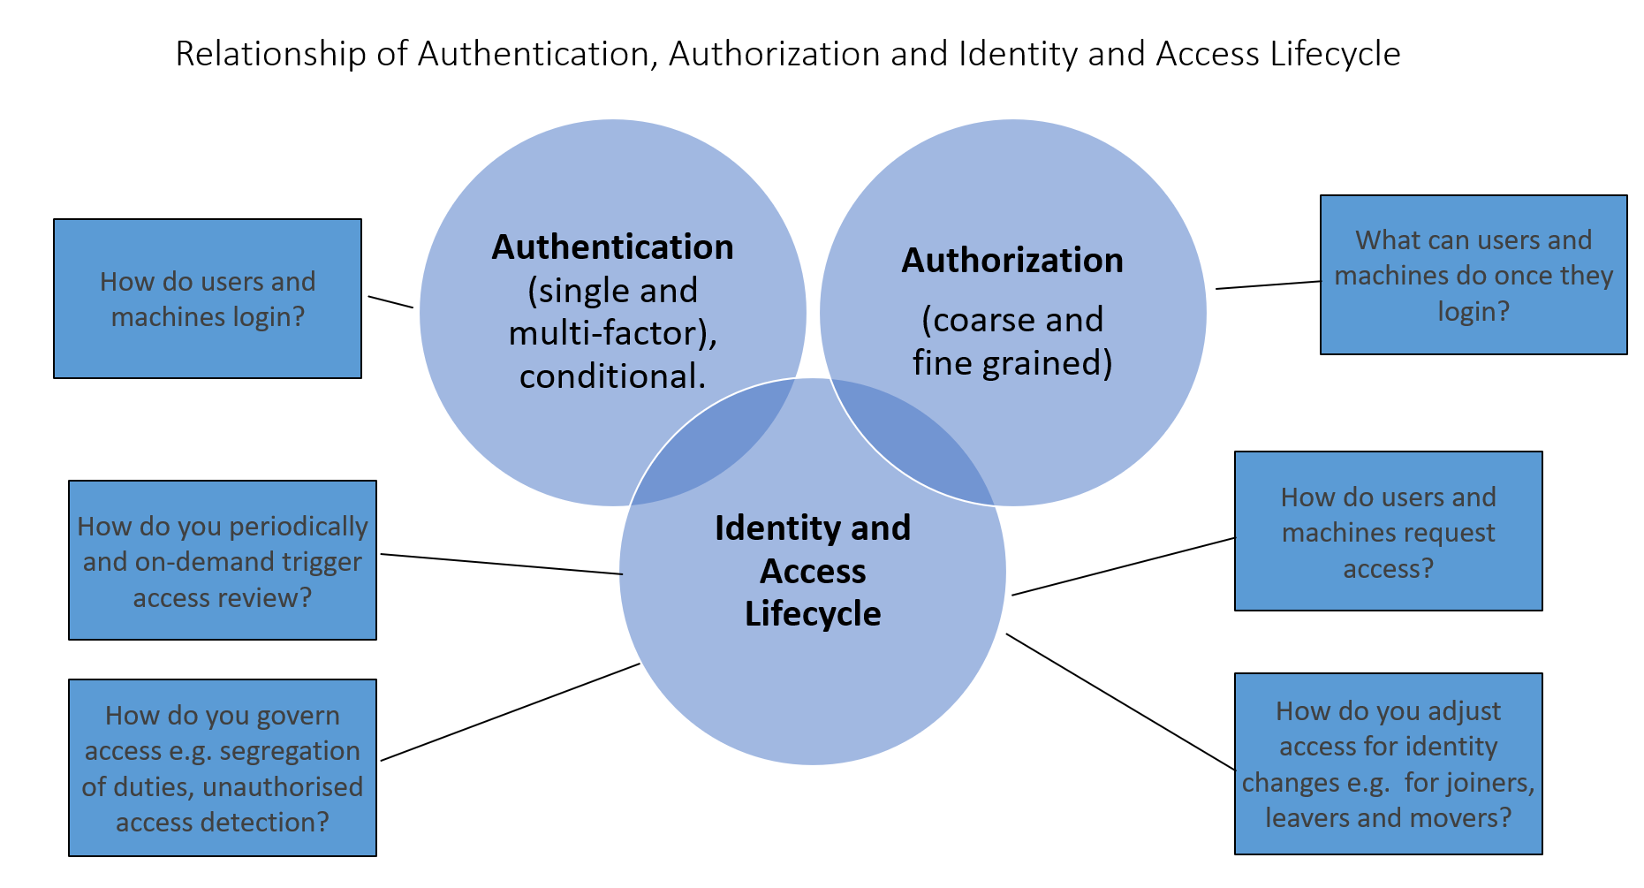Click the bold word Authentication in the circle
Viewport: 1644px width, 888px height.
click(x=612, y=247)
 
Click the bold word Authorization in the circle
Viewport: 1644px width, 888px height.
click(x=1012, y=261)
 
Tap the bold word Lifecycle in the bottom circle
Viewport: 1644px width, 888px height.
click(x=813, y=614)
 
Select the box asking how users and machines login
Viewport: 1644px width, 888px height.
click(x=208, y=299)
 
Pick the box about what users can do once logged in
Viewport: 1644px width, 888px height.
click(x=1474, y=275)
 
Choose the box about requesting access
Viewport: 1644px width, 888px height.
click(x=1388, y=531)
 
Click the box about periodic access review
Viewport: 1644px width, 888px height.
click(x=223, y=560)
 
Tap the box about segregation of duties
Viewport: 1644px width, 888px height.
click(x=223, y=768)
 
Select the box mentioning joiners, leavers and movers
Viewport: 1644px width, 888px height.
click(x=1388, y=763)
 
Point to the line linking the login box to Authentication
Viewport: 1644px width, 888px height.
click(x=390, y=302)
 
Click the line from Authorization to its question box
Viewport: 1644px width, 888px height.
click(x=1268, y=285)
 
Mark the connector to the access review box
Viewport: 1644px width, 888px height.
click(x=501, y=564)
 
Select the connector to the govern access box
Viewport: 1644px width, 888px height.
click(x=510, y=712)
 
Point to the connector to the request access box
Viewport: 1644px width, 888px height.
click(x=1123, y=566)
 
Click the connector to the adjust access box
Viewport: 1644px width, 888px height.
click(x=1120, y=702)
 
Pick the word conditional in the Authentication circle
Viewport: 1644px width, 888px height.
click(x=612, y=377)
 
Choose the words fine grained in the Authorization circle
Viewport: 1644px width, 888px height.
click(x=1012, y=363)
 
